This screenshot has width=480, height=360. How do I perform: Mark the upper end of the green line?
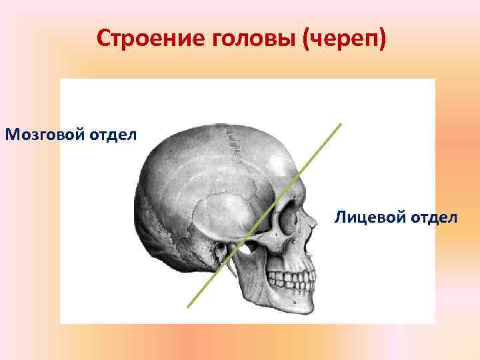tap(341, 123)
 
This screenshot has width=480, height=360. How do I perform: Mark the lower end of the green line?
tap(188, 307)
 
